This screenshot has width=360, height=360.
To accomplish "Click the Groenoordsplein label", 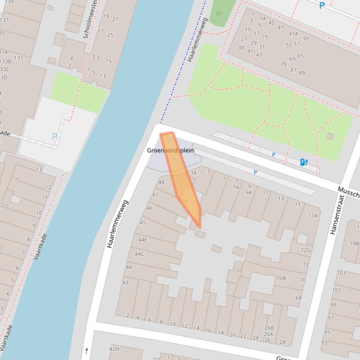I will tap(170, 151).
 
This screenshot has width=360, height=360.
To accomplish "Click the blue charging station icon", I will tap(304, 162).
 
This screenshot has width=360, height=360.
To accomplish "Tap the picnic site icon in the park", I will tap(219, 14).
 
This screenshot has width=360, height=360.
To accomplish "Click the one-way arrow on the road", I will tap(87, 350).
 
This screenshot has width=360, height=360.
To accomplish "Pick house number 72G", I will tap(305, 250).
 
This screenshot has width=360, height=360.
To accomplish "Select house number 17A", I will tap(313, 216).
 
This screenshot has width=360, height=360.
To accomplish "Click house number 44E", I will tap(143, 239).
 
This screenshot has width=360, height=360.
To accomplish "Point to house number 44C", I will tap(140, 254).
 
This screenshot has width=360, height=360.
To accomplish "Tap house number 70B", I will tap(281, 278).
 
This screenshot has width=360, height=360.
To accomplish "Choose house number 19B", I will tap(354, 244).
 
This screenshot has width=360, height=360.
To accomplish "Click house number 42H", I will tap(114, 349).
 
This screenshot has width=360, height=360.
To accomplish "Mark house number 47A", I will tap(293, 34).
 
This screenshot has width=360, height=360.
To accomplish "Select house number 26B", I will tap(269, 328).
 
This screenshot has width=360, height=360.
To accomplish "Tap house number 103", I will tap(341, 273).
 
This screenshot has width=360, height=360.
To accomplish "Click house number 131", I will tap(18, 58).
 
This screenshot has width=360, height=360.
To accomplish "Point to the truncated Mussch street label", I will tap(348, 192).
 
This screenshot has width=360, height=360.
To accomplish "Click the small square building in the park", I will tap(330, 136).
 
